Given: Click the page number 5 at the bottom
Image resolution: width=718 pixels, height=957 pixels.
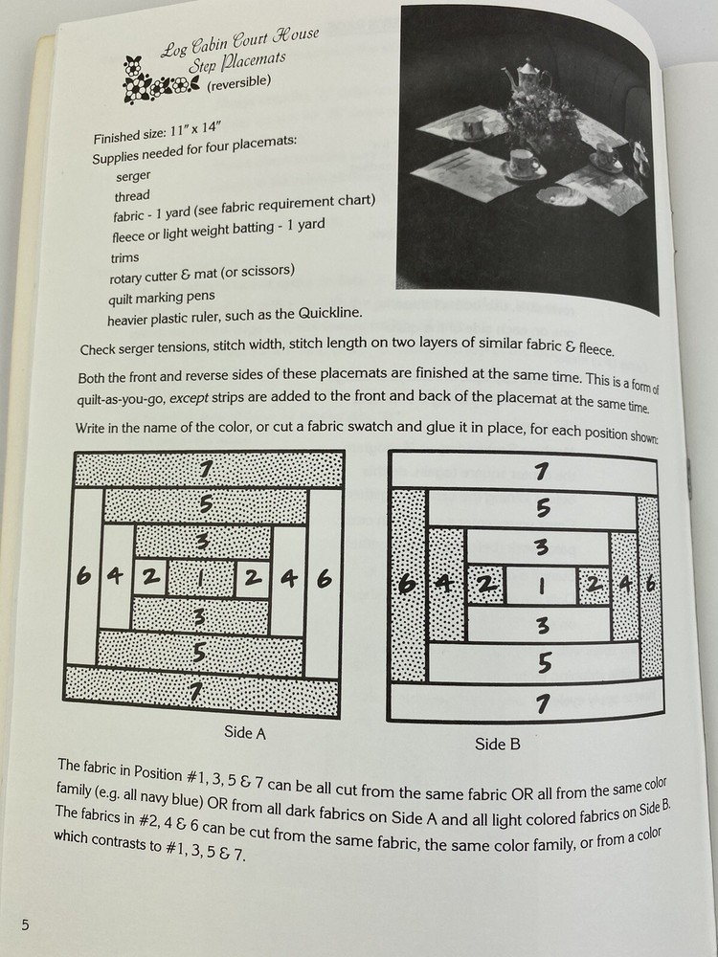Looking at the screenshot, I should pyautogui.click(x=24, y=924).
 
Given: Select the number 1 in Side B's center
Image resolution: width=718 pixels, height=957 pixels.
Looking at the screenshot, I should pyautogui.click(x=540, y=583).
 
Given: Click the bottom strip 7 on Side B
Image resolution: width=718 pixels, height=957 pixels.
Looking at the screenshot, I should pyautogui.click(x=542, y=704).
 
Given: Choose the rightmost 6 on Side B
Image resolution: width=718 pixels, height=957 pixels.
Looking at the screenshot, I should pyautogui.click(x=651, y=584).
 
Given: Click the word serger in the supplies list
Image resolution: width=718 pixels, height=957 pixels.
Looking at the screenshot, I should pyautogui.click(x=133, y=177).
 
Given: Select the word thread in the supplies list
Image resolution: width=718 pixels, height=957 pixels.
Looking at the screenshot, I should pyautogui.click(x=132, y=197).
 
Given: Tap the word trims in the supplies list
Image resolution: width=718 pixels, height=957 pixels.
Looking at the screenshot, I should pyautogui.click(x=125, y=257).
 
